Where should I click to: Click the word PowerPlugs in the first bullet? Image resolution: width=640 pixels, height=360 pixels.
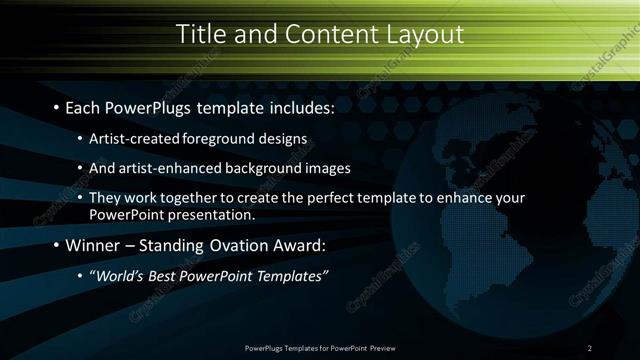[141, 106]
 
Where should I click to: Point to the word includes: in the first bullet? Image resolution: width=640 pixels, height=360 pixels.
[288, 106]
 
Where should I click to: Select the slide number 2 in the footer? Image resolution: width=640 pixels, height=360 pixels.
[590, 348]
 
